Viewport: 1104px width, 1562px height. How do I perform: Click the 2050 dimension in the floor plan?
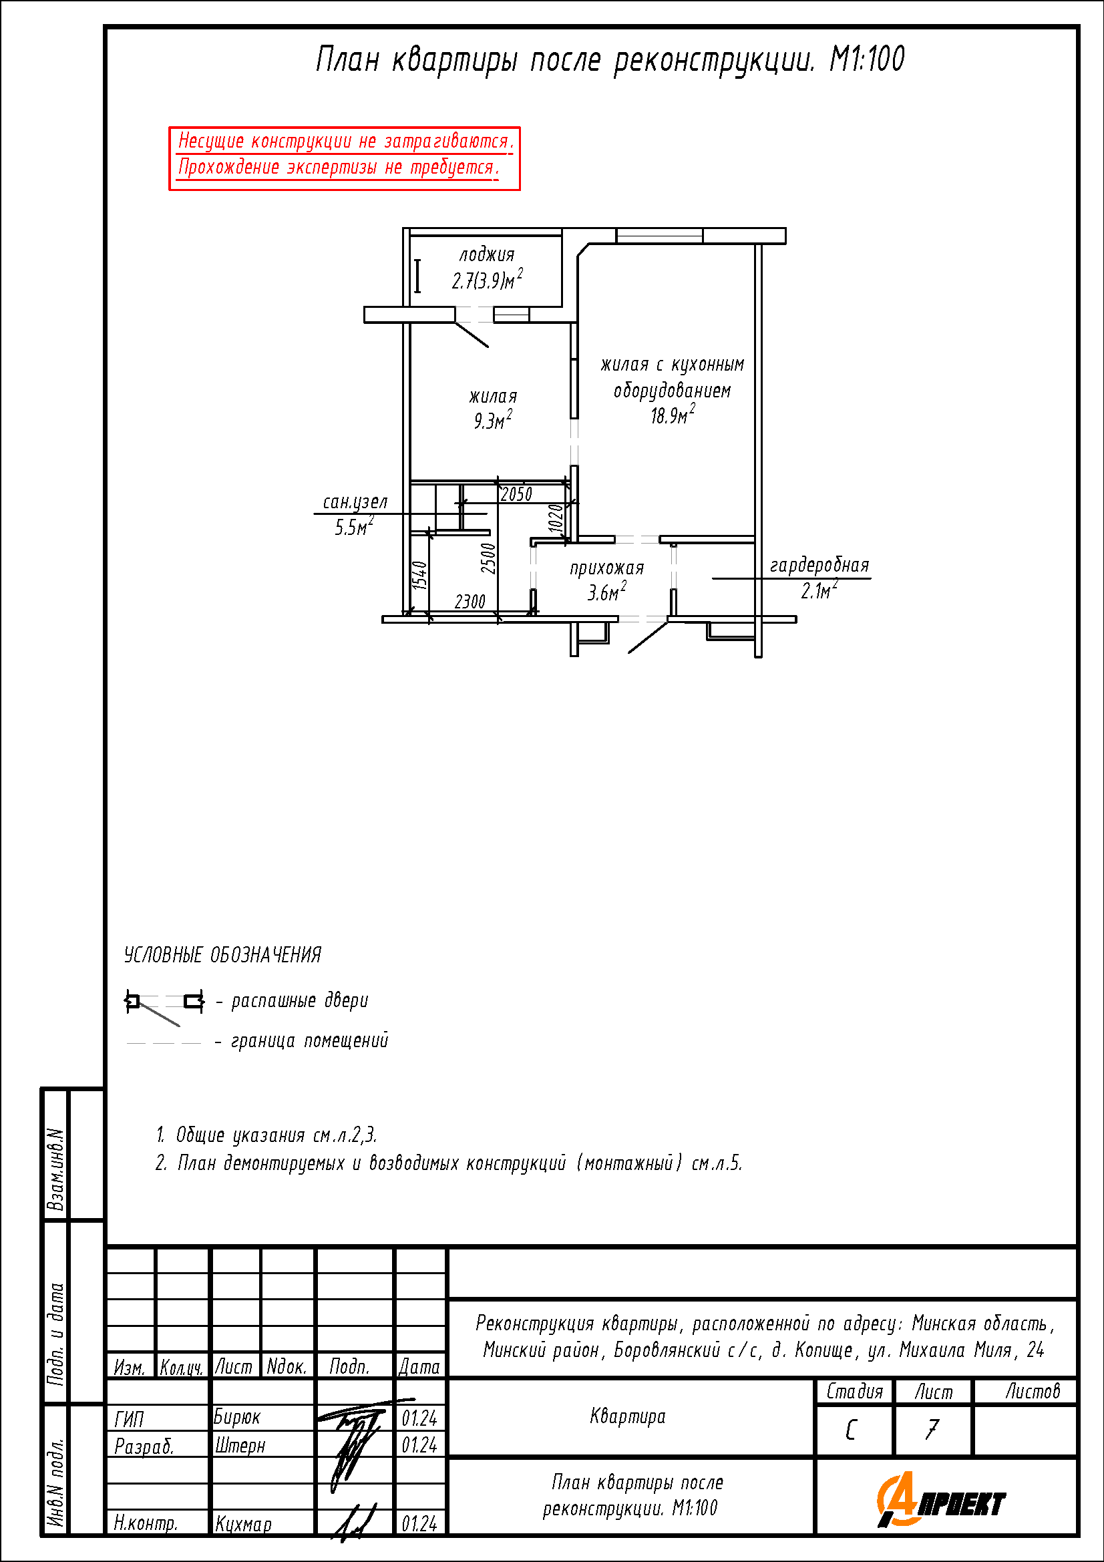pos(516,494)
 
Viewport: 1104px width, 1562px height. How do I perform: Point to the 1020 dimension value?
pos(556,519)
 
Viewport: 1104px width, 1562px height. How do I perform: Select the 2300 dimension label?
pos(470,602)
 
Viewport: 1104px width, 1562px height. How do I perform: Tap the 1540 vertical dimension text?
pos(420,575)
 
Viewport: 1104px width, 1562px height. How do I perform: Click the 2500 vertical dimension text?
pos(488,558)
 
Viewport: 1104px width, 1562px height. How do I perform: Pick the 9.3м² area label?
pos(493,419)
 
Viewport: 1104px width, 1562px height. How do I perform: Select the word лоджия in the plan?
pos(487,254)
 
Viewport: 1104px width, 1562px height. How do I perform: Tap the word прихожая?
pos(606,568)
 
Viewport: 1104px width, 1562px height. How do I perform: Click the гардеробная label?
pos(819,566)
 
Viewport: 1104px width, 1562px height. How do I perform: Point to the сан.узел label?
pos(355,502)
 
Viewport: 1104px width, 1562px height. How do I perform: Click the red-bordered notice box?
pos(345,158)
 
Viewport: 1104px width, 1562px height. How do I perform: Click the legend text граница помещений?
pos(309,1041)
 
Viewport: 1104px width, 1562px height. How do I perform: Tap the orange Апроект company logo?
pos(942,1500)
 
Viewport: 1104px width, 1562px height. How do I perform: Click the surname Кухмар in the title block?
pos(243,1524)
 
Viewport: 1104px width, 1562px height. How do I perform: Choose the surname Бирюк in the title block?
pos(236,1417)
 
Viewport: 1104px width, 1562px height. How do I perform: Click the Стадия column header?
pos(854,1392)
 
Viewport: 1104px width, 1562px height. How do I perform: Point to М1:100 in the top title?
pos(868,59)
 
